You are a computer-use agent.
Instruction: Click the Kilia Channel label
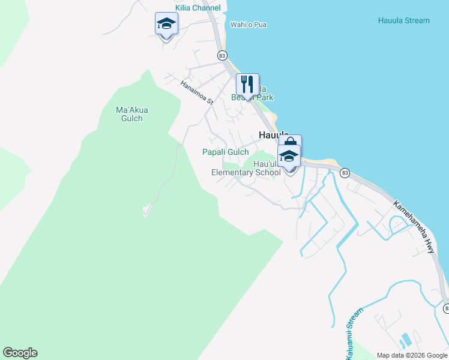pyautogui.click(x=197, y=8)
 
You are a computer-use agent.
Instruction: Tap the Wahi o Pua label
pyautogui.click(x=248, y=25)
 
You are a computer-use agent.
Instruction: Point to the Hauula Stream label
pyautogui.click(x=403, y=20)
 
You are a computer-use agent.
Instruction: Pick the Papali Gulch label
pyautogui.click(x=225, y=152)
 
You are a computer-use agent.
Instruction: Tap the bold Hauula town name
pyautogui.click(x=273, y=136)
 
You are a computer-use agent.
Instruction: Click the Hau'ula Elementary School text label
pyautogui.click(x=246, y=168)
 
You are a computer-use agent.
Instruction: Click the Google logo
pyautogui.click(x=20, y=353)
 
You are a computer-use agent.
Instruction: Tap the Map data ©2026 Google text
pyautogui.click(x=412, y=355)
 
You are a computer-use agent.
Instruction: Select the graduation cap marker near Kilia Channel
pyautogui.click(x=166, y=24)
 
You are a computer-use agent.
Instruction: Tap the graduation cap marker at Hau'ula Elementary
pyautogui.click(x=289, y=157)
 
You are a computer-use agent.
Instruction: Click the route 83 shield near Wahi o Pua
pyautogui.click(x=223, y=55)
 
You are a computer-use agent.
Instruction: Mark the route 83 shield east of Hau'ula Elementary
pyautogui.click(x=344, y=173)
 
